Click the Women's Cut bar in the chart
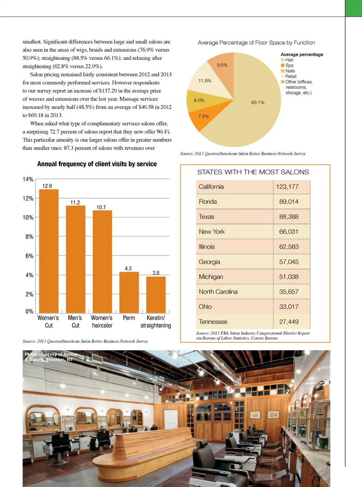pyautogui.click(x=49, y=251)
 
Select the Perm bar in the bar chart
pyautogui.click(x=129, y=292)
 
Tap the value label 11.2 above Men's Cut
pyautogui.click(x=75, y=203)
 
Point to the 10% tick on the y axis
pyautogui.click(x=28, y=218)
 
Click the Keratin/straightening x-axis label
pyautogui.click(x=156, y=322)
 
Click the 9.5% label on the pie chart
pyautogui.click(x=222, y=65)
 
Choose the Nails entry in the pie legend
pyautogui.click(x=290, y=71)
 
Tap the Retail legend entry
pyautogui.click(x=290, y=76)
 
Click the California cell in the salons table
pyautogui.click(x=211, y=187)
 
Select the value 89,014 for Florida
pyautogui.click(x=288, y=202)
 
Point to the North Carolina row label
pyautogui.click(x=218, y=292)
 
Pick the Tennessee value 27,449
pyautogui.click(x=288, y=322)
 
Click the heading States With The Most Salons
pyautogui.click(x=253, y=172)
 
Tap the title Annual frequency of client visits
pyautogui.click(x=97, y=164)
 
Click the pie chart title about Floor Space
pyautogui.click(x=256, y=43)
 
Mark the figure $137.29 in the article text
pyautogui.click(x=108, y=91)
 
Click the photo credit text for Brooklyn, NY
pyautogui.click(x=51, y=357)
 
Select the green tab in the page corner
pyautogui.click(x=353, y=8)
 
